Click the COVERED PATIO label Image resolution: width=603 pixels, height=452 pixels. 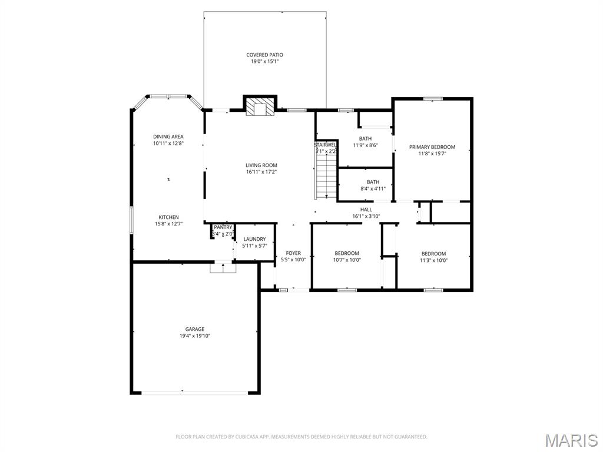pyautogui.click(x=264, y=55)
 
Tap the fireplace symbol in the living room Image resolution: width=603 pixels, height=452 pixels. pyautogui.click(x=260, y=107)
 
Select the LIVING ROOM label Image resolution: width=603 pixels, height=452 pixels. pyautogui.click(x=261, y=165)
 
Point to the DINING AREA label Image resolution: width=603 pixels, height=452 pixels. pyautogui.click(x=168, y=137)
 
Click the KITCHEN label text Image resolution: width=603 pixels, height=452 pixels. pyautogui.click(x=168, y=217)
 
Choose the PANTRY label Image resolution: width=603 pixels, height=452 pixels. pyautogui.click(x=223, y=227)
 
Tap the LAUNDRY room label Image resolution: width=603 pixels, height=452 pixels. pyautogui.click(x=254, y=239)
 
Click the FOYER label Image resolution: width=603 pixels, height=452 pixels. pyautogui.click(x=293, y=253)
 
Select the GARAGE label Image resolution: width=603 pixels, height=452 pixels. pyautogui.click(x=195, y=329)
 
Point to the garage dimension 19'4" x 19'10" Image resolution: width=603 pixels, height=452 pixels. pyautogui.click(x=195, y=336)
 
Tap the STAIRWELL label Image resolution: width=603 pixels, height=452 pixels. pyautogui.click(x=326, y=144)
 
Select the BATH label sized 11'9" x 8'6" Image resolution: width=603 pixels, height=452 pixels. pyautogui.click(x=365, y=139)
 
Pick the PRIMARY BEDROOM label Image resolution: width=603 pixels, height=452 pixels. pyautogui.click(x=432, y=147)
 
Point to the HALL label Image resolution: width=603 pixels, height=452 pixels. pyautogui.click(x=366, y=209)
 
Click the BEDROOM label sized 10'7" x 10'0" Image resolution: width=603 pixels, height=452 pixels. pyautogui.click(x=347, y=253)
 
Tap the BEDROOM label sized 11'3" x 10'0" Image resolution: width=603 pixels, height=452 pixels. pyautogui.click(x=433, y=253)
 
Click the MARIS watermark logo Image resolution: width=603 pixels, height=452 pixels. pyautogui.click(x=571, y=440)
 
